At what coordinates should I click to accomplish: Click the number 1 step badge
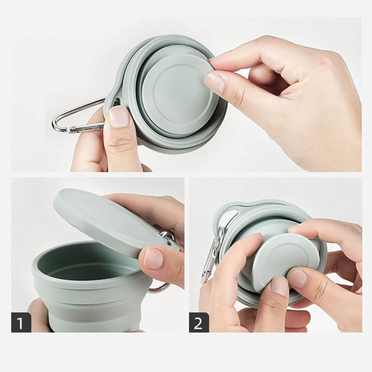click(x=21, y=323)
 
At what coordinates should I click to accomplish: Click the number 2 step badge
click(x=199, y=323)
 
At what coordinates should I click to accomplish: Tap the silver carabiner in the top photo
click(x=76, y=117)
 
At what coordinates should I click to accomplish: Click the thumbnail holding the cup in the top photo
click(x=119, y=117)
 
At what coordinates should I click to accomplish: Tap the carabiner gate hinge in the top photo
click(x=71, y=129)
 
